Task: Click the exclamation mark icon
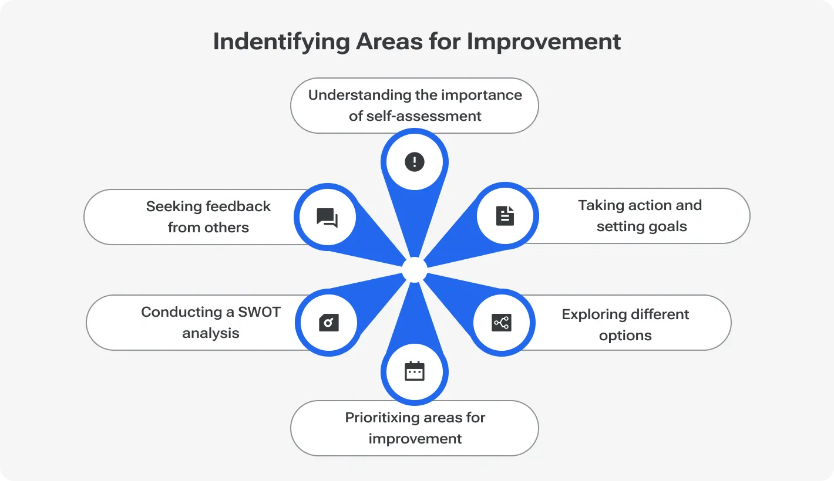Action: tap(415, 162)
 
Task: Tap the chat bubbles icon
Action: tap(327, 218)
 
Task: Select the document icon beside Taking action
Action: tap(505, 216)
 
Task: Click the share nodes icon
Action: tap(501, 322)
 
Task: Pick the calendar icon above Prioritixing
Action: tap(415, 371)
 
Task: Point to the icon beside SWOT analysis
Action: tap(329, 323)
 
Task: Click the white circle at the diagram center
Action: tap(415, 270)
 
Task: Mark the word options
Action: tap(625, 336)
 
